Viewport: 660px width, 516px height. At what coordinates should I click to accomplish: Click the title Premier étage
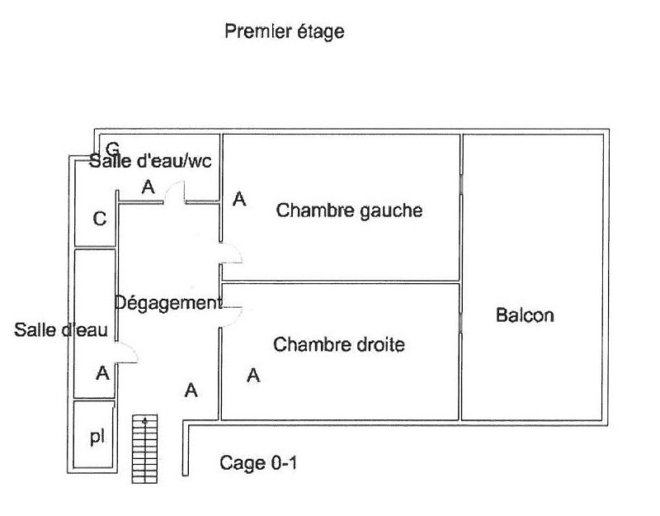click(x=285, y=32)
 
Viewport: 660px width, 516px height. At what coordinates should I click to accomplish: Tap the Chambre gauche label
click(x=349, y=211)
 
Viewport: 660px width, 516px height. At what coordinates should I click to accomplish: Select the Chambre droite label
click(x=339, y=344)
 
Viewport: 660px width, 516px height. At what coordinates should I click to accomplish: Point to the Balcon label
click(x=525, y=315)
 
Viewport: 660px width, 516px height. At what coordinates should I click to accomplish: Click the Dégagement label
click(x=168, y=303)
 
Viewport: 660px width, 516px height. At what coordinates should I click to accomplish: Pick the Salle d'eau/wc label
click(x=150, y=161)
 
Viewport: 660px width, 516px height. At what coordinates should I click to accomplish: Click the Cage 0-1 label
click(x=258, y=463)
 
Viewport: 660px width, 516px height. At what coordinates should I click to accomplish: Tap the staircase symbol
click(x=145, y=448)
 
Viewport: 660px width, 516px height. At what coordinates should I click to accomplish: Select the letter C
click(x=100, y=219)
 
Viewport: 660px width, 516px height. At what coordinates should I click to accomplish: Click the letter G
click(x=112, y=148)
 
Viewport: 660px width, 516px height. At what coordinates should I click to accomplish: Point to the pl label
click(x=97, y=438)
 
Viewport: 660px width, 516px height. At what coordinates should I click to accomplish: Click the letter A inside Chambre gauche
click(x=239, y=199)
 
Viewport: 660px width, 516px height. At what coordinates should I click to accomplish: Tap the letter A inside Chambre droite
click(x=253, y=376)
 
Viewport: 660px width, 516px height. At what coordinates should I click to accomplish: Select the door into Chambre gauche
click(x=231, y=253)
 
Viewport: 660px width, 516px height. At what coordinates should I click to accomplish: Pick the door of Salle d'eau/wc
click(x=174, y=192)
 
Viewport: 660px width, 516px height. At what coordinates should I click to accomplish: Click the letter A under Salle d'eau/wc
click(x=148, y=187)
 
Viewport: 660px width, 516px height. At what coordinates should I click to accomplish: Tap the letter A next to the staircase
click(x=191, y=391)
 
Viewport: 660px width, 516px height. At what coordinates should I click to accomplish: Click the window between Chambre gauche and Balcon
click(x=461, y=183)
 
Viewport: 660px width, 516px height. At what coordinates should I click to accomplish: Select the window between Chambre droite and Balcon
click(x=461, y=323)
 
